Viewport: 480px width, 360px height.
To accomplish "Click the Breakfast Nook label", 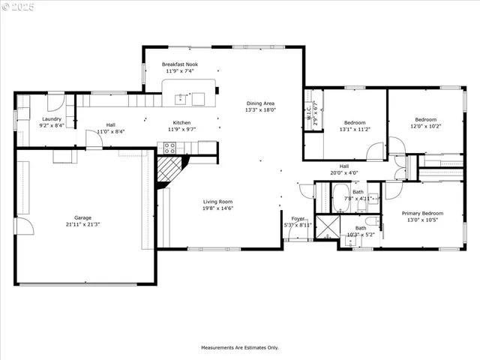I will click(x=179, y=64).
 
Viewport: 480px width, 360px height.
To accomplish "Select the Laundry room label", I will click(x=52, y=118).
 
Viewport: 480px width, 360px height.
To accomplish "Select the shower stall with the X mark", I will click(x=328, y=227).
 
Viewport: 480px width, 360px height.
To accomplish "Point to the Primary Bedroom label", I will click(x=422, y=213).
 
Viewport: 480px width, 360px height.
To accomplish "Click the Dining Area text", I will click(x=260, y=103).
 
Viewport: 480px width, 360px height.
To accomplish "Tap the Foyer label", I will click(x=298, y=219).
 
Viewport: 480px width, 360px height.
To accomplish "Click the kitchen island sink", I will click(x=180, y=98).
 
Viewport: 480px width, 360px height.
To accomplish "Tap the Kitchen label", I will click(x=183, y=122).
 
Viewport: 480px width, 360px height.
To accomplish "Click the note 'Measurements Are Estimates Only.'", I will click(x=240, y=348).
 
